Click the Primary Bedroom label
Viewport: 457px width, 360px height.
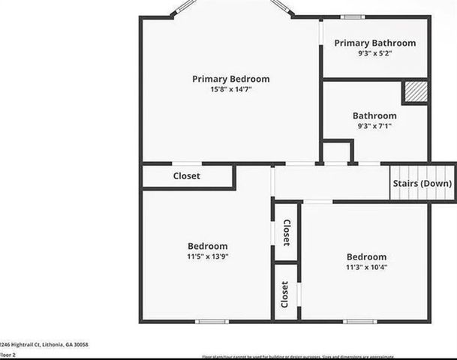tap(230, 79)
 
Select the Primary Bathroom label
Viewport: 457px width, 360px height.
tap(374, 43)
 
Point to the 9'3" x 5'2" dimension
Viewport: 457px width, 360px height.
tap(374, 53)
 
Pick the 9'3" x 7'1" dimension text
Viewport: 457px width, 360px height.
tap(374, 126)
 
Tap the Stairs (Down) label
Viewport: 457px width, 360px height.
tap(422, 184)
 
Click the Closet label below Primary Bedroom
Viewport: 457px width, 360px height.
tap(187, 176)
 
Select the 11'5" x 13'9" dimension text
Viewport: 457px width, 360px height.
tap(207, 256)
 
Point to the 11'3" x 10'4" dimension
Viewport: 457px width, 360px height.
tap(366, 267)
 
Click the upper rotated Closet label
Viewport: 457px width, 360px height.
tap(286, 233)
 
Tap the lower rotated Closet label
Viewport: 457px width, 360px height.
tap(285, 294)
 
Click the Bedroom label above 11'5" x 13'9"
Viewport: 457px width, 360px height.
tap(207, 246)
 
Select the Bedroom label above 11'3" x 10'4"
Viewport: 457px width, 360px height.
tap(366, 256)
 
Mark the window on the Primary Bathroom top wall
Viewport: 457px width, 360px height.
tap(353, 16)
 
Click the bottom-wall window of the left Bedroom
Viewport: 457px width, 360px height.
tap(212, 322)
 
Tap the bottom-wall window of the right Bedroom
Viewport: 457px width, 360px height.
tap(360, 322)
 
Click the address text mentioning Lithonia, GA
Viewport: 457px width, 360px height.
tap(45, 344)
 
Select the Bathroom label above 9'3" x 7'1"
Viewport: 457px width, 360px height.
tap(374, 115)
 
